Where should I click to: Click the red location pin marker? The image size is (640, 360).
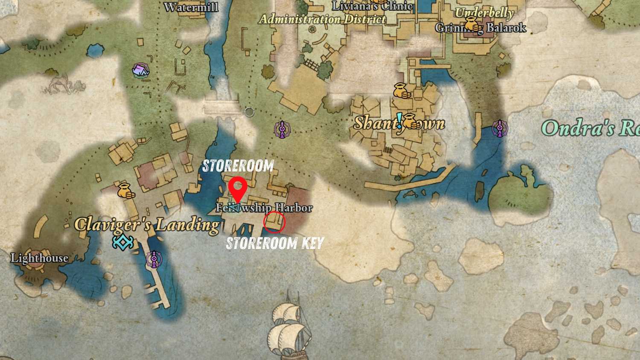tap(237, 189)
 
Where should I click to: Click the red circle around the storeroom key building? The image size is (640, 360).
tap(274, 222)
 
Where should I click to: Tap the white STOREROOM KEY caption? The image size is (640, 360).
tap(275, 243)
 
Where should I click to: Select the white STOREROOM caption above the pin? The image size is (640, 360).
tap(238, 166)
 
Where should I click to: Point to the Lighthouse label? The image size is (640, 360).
tap(39, 258)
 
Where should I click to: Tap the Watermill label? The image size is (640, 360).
tap(191, 7)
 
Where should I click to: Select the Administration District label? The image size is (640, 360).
tap(323, 19)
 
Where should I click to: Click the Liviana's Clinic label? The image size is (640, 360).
tap(372, 6)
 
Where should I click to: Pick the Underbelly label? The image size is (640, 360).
tap(484, 13)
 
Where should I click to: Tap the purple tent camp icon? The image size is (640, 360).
tap(140, 70)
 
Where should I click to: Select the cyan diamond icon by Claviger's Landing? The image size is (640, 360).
tap(123, 242)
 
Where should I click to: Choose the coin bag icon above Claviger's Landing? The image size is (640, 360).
tap(125, 191)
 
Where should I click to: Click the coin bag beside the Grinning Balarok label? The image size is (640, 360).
tap(472, 24)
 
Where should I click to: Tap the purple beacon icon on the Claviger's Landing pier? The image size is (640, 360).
tap(154, 259)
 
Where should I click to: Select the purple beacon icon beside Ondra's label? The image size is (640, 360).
tap(499, 128)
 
